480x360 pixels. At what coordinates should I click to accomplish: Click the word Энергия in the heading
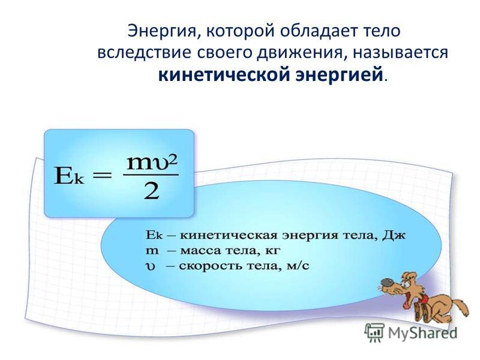(x=162, y=31)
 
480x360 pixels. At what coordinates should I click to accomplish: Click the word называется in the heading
(x=401, y=53)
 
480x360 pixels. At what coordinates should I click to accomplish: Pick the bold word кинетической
(x=224, y=74)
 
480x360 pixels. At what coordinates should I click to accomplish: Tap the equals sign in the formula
(x=102, y=176)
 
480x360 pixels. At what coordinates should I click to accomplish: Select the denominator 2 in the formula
(x=152, y=191)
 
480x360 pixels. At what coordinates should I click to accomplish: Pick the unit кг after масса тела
(x=272, y=251)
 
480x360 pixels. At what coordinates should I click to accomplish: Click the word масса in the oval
(x=200, y=251)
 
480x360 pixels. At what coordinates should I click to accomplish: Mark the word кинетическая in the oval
(x=229, y=236)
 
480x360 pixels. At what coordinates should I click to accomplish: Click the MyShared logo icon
(x=374, y=332)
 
